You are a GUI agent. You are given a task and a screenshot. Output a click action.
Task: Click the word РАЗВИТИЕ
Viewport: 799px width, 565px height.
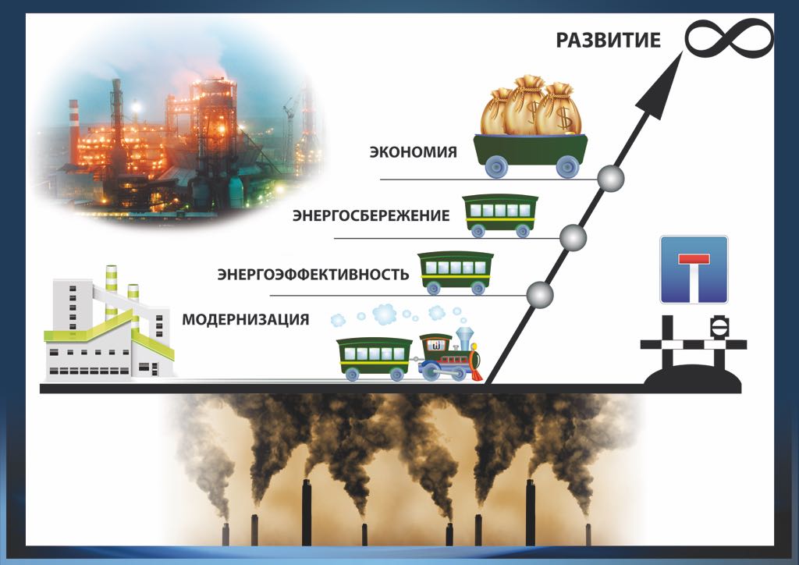pyautogui.click(x=608, y=41)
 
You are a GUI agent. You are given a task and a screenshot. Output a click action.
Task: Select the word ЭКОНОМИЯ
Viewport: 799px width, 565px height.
pyautogui.click(x=413, y=151)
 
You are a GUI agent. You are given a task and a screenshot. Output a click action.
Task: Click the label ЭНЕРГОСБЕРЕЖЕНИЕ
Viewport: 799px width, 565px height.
pyautogui.click(x=371, y=215)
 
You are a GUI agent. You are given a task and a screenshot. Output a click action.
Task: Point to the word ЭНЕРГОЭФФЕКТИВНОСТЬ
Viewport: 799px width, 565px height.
pyautogui.click(x=313, y=275)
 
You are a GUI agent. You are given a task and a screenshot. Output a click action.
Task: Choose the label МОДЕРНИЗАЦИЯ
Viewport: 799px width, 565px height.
pyautogui.click(x=245, y=319)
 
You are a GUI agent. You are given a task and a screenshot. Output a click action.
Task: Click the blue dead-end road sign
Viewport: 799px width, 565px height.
pyautogui.click(x=694, y=269)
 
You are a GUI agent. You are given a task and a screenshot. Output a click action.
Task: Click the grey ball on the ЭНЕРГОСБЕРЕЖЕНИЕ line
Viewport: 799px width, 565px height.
pyautogui.click(x=574, y=236)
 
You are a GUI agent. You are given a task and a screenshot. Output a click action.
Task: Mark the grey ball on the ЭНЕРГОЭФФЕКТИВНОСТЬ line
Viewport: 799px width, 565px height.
pyautogui.click(x=540, y=295)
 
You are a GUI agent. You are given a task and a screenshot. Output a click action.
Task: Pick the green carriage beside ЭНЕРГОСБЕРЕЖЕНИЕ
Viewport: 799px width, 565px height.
pyautogui.click(x=500, y=215)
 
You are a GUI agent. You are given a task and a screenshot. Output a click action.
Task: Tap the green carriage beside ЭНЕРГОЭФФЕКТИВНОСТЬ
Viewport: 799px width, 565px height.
pyautogui.click(x=456, y=272)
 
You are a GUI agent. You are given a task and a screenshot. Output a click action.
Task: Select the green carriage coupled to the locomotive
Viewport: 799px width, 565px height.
pyautogui.click(x=375, y=358)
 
